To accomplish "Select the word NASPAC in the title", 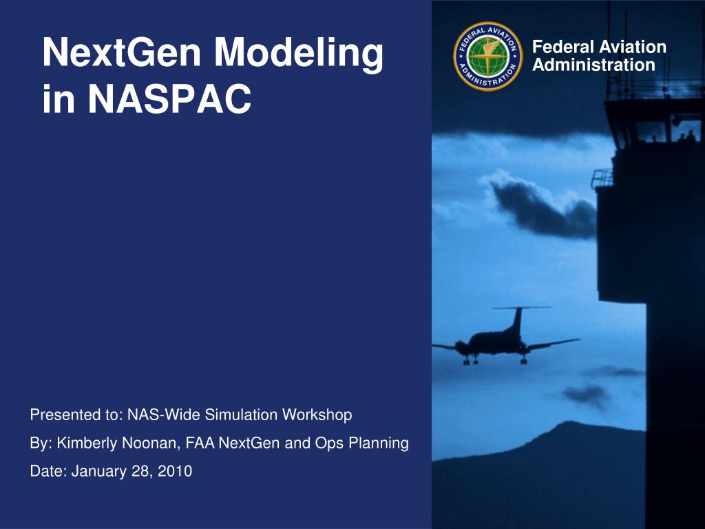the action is pos(169,99).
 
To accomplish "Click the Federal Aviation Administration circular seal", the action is pos(488,56).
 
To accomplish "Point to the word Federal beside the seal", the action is pos(562,47).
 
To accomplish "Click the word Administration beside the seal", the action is pos(593,65).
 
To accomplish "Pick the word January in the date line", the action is pos(99,471).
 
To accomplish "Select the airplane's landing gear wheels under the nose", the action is pos(470,360).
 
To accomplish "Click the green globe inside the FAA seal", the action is pos(488,56).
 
